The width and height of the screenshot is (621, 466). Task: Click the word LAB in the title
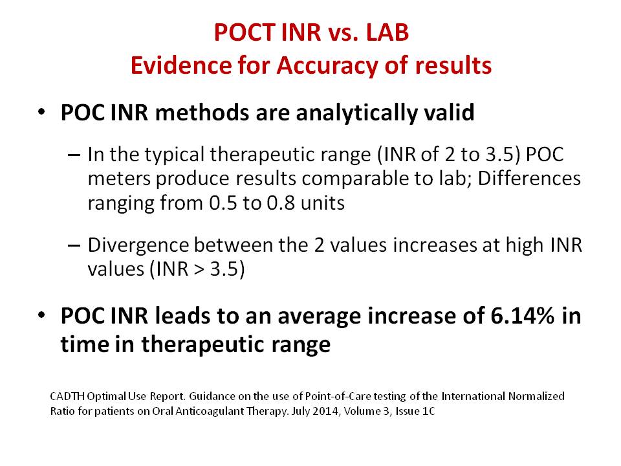point(387,32)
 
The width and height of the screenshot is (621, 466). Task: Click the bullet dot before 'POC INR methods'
point(41,112)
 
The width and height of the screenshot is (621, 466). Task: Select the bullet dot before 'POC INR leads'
point(41,315)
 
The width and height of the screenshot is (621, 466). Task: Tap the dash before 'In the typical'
point(74,155)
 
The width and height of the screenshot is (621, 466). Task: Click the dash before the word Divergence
point(74,245)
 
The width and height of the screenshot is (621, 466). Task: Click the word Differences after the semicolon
point(529,179)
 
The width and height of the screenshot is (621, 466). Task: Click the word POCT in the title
point(245,32)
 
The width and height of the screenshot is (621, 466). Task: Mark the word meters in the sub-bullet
point(119,179)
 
